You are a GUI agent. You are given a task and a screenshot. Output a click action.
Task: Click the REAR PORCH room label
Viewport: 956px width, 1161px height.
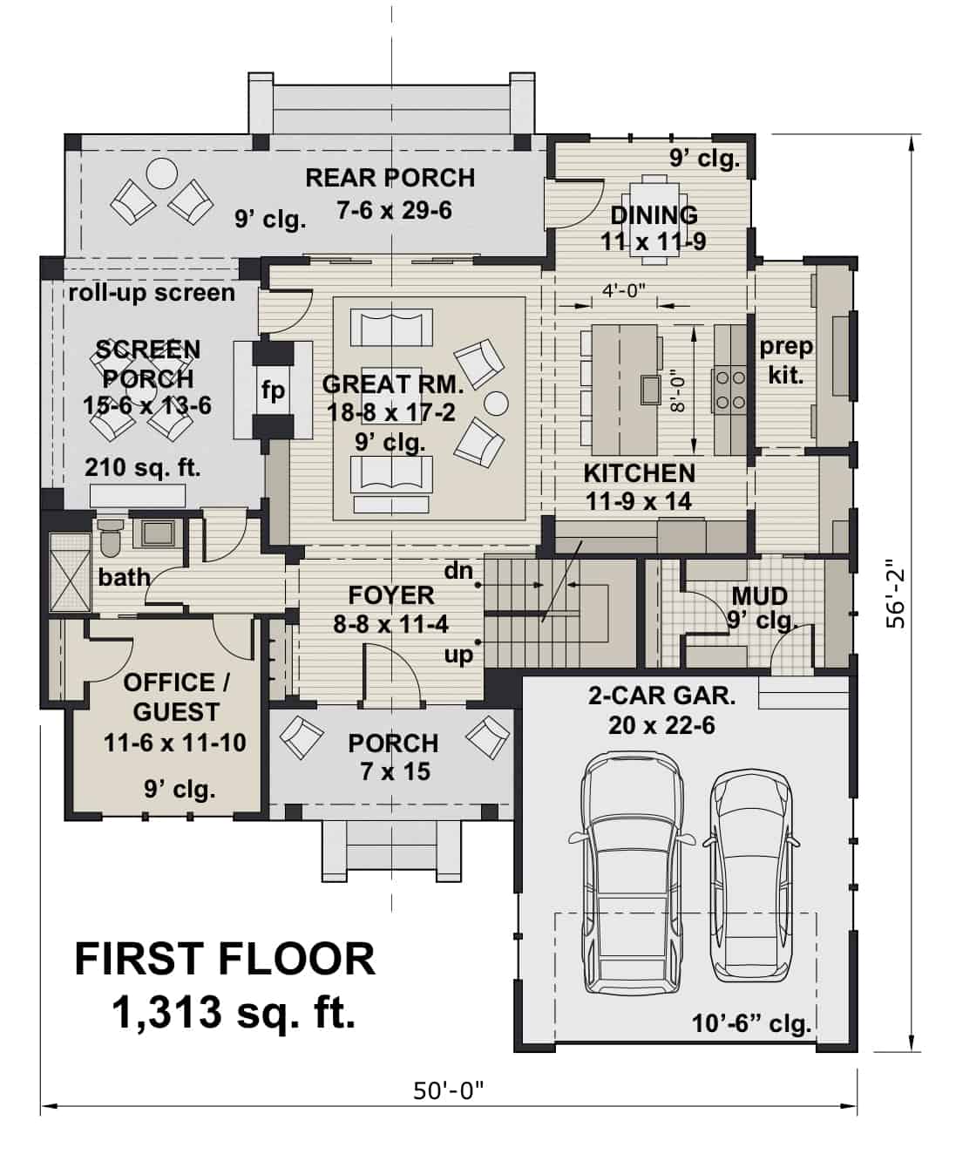click(x=390, y=178)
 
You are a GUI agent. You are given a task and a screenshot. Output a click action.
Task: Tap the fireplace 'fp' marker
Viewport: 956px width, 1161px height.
click(x=273, y=390)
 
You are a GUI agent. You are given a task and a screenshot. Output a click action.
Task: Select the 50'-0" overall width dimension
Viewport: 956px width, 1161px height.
click(x=448, y=1090)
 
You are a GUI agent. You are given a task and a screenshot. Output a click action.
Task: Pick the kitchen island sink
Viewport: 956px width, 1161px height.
click(x=649, y=390)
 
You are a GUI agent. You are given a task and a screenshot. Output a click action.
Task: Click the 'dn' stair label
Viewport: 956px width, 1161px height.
click(x=458, y=571)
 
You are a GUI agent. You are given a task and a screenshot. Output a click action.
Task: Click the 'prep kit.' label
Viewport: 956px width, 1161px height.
click(x=786, y=361)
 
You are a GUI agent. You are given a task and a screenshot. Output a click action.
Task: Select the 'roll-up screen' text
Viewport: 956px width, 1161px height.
click(x=152, y=292)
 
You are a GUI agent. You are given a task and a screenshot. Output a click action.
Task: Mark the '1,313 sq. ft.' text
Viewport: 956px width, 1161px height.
click(x=234, y=1012)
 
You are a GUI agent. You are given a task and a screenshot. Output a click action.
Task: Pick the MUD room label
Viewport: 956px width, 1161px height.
click(x=759, y=595)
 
